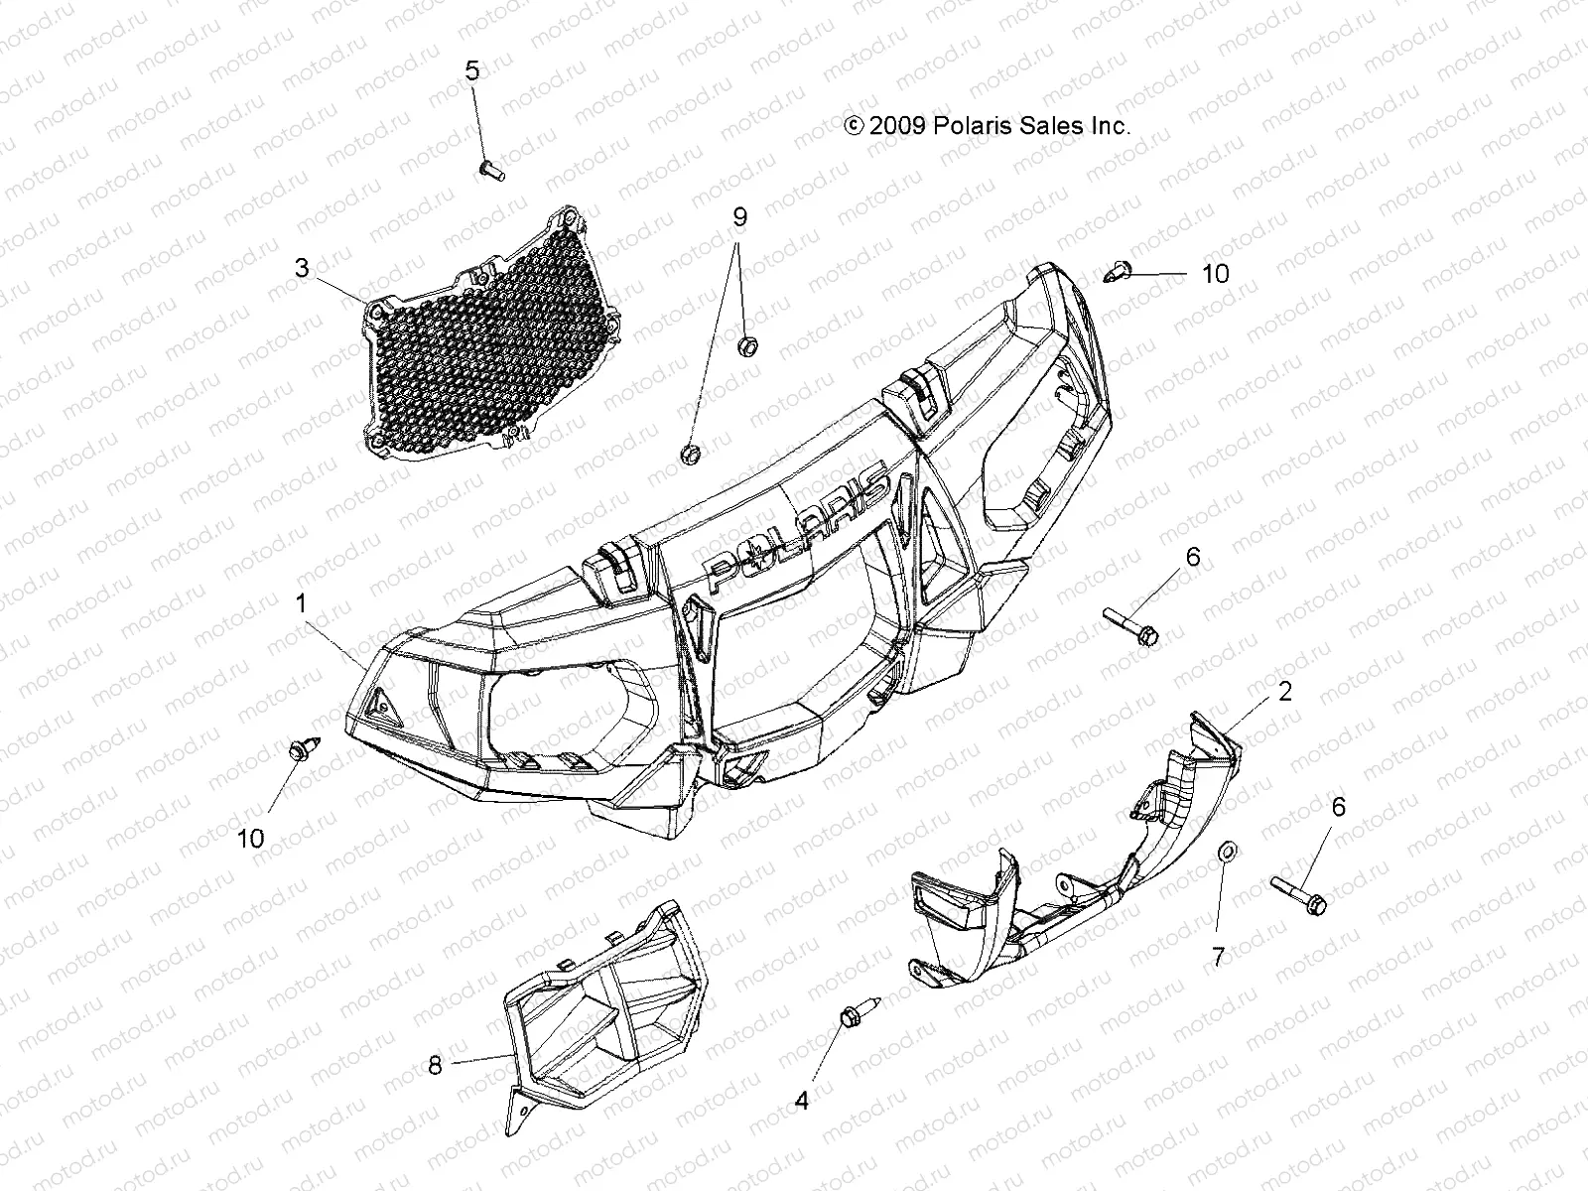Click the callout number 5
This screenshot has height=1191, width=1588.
coord(472,70)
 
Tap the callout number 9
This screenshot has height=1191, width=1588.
coord(737,217)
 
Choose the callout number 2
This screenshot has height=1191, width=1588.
coord(1285,692)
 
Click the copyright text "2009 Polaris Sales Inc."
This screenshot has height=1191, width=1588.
coord(987,126)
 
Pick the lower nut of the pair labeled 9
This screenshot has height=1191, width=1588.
coord(689,455)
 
